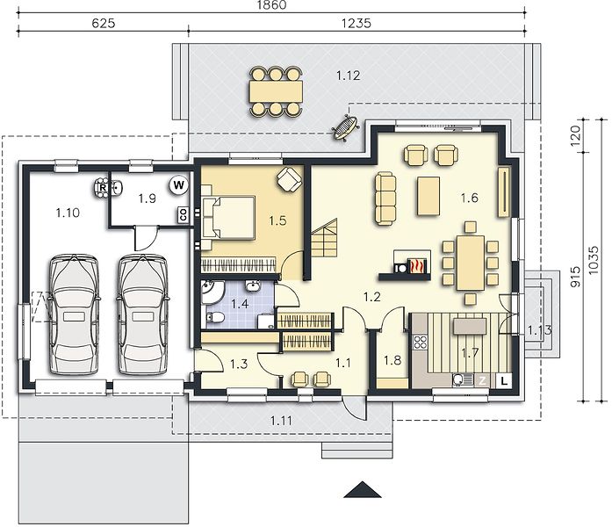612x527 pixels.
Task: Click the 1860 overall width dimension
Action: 272,4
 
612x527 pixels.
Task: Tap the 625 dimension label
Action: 104,24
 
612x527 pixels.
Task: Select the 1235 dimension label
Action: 356,24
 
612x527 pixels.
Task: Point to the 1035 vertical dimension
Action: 593,260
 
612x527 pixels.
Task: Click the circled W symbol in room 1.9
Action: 179,184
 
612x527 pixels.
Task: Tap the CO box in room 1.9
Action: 183,214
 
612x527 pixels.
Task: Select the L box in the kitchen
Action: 504,380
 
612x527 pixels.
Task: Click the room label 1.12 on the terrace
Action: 349,76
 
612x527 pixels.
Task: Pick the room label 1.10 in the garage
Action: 68,213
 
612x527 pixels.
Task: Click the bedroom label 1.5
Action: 277,221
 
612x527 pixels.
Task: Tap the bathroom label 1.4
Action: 240,304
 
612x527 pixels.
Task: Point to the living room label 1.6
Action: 469,198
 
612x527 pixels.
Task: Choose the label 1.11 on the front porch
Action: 281,421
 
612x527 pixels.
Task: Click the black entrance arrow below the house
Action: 363,489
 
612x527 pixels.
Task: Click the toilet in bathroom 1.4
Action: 214,318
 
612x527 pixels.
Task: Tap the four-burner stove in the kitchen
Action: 420,342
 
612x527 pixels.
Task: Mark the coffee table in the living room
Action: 428,196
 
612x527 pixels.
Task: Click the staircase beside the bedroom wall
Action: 324,238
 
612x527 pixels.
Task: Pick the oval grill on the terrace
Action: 345,126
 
